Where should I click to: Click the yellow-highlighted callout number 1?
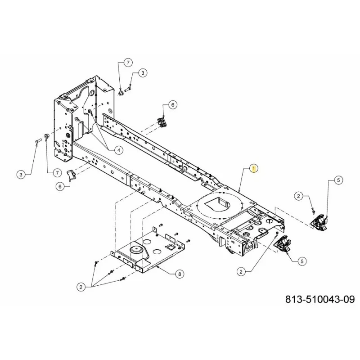coord(254,168)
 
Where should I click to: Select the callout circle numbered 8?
coord(180,274)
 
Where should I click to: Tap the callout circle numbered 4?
coord(119,150)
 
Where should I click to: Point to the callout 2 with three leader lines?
coord(81,287)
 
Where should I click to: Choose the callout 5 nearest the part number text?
coord(302,261)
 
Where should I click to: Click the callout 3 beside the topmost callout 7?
coord(143,73)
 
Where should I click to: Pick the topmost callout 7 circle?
coord(128,63)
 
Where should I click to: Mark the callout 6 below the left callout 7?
coord(60,186)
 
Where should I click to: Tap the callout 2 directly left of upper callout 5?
coord(298,196)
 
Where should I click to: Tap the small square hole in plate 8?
coord(171,247)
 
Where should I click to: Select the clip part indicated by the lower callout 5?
coord(283,244)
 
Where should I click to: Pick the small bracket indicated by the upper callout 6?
coord(162,122)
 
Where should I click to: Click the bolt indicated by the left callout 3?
coord(38,140)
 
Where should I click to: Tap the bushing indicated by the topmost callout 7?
coord(121,93)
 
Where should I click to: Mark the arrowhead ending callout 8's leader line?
coord(157,267)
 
